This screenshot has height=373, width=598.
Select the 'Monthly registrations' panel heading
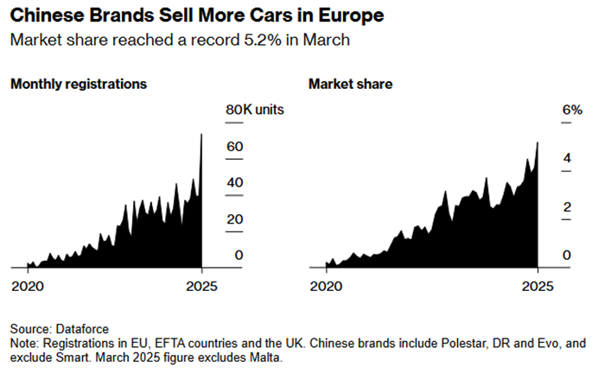point(79,85)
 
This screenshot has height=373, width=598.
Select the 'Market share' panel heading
point(351,85)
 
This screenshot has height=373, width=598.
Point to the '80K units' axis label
point(255,110)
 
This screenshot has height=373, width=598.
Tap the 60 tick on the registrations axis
point(235,147)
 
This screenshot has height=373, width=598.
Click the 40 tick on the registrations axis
point(235,183)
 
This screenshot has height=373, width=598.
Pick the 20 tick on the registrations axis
point(235,219)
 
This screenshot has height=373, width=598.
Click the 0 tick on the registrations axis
point(239,256)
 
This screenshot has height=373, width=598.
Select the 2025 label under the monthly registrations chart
point(201,287)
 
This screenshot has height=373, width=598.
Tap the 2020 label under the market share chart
point(326,287)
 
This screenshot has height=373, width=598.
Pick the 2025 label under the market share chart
point(538,287)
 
